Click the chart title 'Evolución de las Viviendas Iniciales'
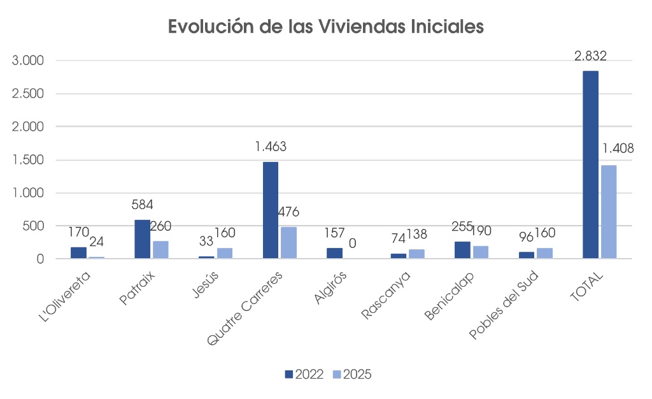tap(325, 27)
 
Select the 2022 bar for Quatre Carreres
tap(271, 210)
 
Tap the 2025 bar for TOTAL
tap(608, 212)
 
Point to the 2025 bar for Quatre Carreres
tap(288, 242)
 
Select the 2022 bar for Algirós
tap(334, 253)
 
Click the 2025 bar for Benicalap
tap(480, 252)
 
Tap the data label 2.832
tap(590, 56)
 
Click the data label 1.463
tap(271, 147)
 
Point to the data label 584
tap(142, 205)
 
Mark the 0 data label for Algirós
tap(352, 243)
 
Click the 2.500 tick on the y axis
tap(27, 94)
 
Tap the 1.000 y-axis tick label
tap(27, 192)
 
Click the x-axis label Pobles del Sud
tap(504, 305)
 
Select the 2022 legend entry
tap(305, 374)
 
